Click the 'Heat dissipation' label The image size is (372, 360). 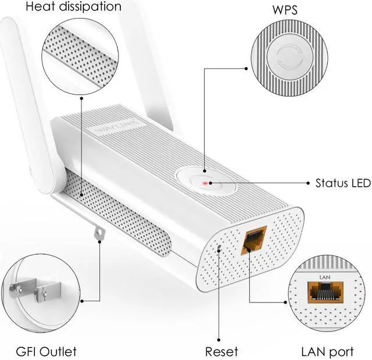74,6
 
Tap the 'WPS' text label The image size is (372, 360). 285,10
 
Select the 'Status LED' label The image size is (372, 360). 343,183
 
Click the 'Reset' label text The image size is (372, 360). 221,351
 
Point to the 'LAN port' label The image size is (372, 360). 327,352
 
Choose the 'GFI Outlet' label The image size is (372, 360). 46,351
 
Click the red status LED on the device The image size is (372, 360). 205,183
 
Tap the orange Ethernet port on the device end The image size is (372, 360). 253,240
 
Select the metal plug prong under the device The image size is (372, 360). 99,233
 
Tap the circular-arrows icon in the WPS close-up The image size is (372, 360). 289,57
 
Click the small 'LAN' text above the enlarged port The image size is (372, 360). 325,277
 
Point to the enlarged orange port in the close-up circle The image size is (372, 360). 325,293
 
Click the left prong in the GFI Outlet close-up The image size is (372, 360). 23,288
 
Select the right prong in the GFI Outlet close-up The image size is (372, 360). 48,292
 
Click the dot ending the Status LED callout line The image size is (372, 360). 308,183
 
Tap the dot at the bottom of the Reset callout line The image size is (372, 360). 219,340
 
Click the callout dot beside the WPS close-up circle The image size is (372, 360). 246,69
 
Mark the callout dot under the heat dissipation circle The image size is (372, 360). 81,98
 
